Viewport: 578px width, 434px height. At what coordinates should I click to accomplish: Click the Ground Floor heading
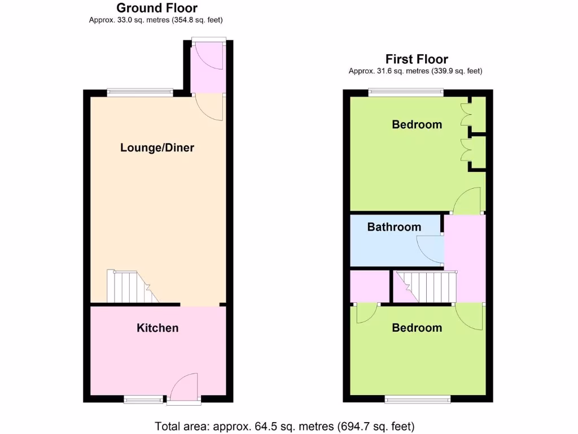[x=157, y=8]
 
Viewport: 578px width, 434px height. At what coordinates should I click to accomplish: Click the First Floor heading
[x=417, y=59]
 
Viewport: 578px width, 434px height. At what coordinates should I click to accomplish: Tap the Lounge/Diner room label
[x=157, y=147]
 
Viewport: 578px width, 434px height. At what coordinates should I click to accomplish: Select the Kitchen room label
[x=157, y=328]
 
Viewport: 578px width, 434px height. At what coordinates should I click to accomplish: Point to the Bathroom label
[x=394, y=227]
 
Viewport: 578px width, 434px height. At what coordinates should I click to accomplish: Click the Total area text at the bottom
[x=285, y=426]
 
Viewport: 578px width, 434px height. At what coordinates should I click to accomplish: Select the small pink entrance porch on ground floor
[x=208, y=68]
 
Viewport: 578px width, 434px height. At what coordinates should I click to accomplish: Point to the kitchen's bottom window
[x=145, y=400]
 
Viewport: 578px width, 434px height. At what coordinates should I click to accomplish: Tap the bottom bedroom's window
[x=418, y=400]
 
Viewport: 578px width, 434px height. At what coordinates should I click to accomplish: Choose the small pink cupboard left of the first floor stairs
[x=370, y=287]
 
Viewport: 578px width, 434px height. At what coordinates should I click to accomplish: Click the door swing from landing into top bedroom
[x=467, y=201]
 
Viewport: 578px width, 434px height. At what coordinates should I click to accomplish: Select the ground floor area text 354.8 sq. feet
[x=194, y=20]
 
